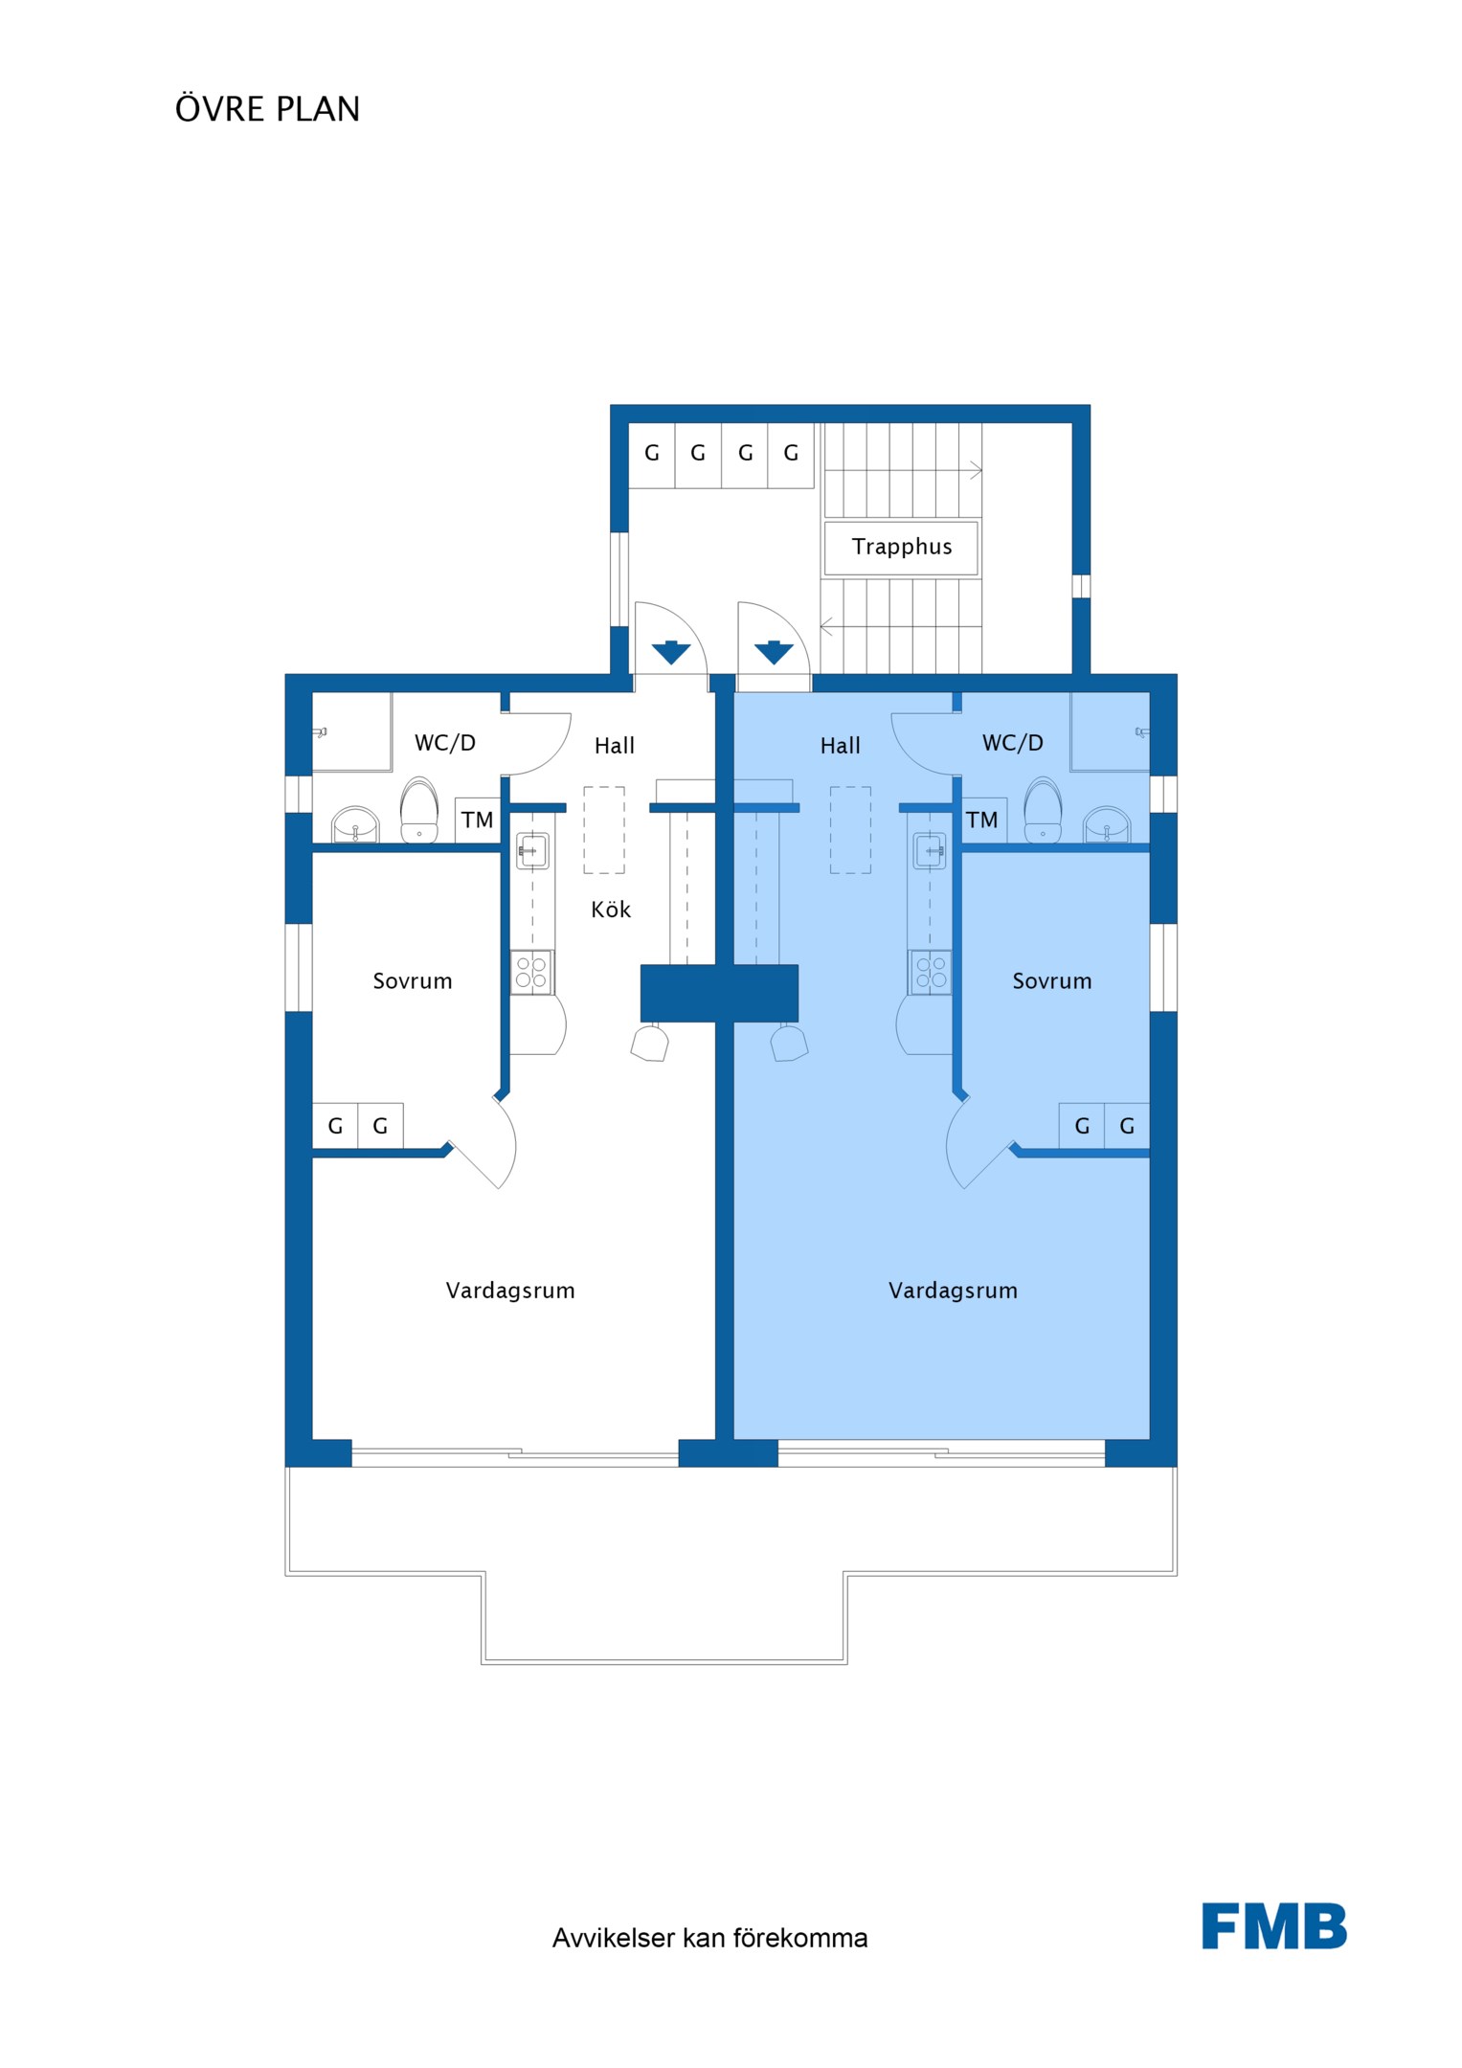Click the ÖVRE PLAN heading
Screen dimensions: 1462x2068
267,108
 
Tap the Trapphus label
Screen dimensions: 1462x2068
902,547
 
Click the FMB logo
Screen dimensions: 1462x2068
1274,1926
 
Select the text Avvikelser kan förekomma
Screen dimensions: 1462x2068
709,1938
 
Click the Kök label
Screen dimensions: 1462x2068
611,909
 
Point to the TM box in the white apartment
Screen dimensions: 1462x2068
478,820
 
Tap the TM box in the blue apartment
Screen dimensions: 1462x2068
982,820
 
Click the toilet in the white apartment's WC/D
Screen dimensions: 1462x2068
419,810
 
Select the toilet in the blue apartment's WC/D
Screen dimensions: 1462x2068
1043,810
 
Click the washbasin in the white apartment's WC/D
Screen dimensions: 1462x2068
355,825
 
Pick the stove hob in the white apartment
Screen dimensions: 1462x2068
531,973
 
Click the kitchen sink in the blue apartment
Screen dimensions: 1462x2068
930,850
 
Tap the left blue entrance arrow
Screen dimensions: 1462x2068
671,653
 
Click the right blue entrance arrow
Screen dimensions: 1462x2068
774,653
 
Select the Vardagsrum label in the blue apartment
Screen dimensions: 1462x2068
953,1291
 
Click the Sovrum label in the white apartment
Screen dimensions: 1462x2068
413,981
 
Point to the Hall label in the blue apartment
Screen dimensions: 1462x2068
841,746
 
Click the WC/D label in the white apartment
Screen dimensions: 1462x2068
445,743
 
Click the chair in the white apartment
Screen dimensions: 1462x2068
650,1043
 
